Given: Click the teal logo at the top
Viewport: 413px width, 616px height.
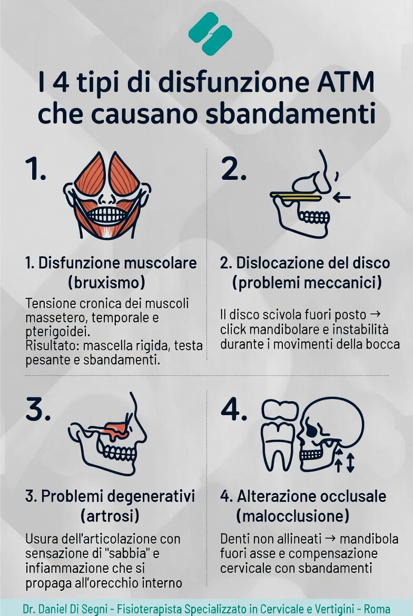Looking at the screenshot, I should (210, 33).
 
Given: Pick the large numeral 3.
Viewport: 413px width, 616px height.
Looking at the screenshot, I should (38, 409).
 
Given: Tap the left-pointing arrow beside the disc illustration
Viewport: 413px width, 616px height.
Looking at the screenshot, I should (342, 198).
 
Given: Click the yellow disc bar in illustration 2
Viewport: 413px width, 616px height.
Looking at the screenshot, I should (296, 197).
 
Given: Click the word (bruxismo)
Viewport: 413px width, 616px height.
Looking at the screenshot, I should (106, 283).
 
